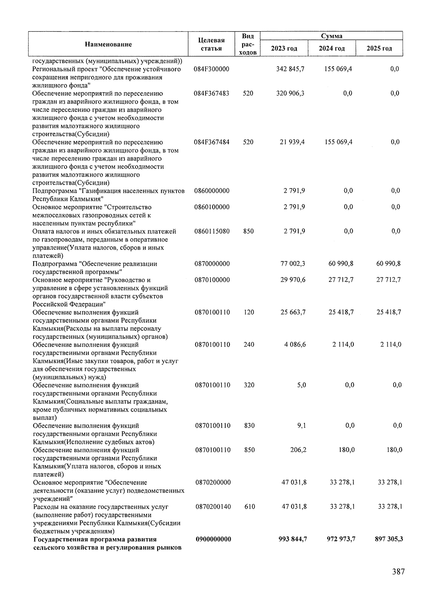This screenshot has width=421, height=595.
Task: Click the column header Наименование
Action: pos(108,44)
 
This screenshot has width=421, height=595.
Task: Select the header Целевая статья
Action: pos(211,45)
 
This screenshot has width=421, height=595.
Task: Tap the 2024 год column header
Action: pos(332,48)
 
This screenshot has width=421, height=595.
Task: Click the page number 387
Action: pos(398,572)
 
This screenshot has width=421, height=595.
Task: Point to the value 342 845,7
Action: pos(290,69)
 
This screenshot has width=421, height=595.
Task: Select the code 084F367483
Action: pos(212,93)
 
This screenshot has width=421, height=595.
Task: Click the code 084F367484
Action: pos(212,142)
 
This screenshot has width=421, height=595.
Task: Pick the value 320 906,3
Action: pos(290,93)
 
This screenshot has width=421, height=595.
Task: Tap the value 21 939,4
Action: pos(292,142)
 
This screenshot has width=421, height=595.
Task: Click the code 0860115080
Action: pos(212,231)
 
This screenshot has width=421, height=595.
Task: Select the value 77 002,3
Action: pos(293,264)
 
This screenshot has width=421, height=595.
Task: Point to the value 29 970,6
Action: pos(293,280)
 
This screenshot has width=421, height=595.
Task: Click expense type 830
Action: pos(249,426)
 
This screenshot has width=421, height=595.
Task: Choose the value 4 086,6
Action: pos(295,345)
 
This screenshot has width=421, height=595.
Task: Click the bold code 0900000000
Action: pos(213,539)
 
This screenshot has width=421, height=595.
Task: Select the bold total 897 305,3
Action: pos(389,539)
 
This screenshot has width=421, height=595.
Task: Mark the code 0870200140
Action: pos(213,507)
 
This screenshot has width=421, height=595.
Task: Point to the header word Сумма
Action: pos(332,36)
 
